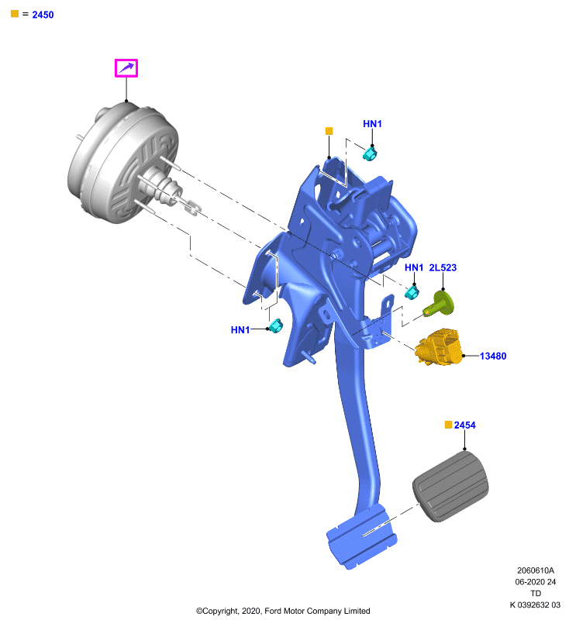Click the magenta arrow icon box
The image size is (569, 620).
pyautogui.click(x=126, y=68)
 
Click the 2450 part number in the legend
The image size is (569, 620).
pyautogui.click(x=43, y=15)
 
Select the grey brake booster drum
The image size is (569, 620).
pyautogui.click(x=123, y=163)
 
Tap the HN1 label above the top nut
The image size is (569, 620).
pyautogui.click(x=372, y=124)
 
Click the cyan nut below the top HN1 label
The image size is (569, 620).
pyautogui.click(x=369, y=153)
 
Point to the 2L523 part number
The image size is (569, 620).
pyautogui.click(x=443, y=267)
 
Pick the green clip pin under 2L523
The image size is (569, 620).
pyautogui.click(x=439, y=304)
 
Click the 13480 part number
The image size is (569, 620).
pyautogui.click(x=493, y=356)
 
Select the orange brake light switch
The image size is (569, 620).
pyautogui.click(x=439, y=346)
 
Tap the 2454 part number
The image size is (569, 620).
pyautogui.click(x=464, y=425)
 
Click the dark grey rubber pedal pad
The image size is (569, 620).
pyautogui.click(x=450, y=487)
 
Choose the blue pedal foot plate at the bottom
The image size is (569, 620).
pyautogui.click(x=361, y=536)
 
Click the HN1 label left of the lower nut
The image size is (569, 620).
pyautogui.click(x=240, y=330)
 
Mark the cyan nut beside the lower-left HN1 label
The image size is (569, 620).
pyautogui.click(x=276, y=325)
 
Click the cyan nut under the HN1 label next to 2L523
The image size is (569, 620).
pyautogui.click(x=412, y=293)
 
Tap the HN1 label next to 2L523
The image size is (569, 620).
pyautogui.click(x=414, y=267)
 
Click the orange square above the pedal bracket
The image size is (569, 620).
pyautogui.click(x=329, y=131)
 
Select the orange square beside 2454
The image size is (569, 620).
pyautogui.click(x=448, y=425)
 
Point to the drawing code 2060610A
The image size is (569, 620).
pyautogui.click(x=536, y=570)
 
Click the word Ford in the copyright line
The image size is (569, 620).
pyautogui.click(x=273, y=611)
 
